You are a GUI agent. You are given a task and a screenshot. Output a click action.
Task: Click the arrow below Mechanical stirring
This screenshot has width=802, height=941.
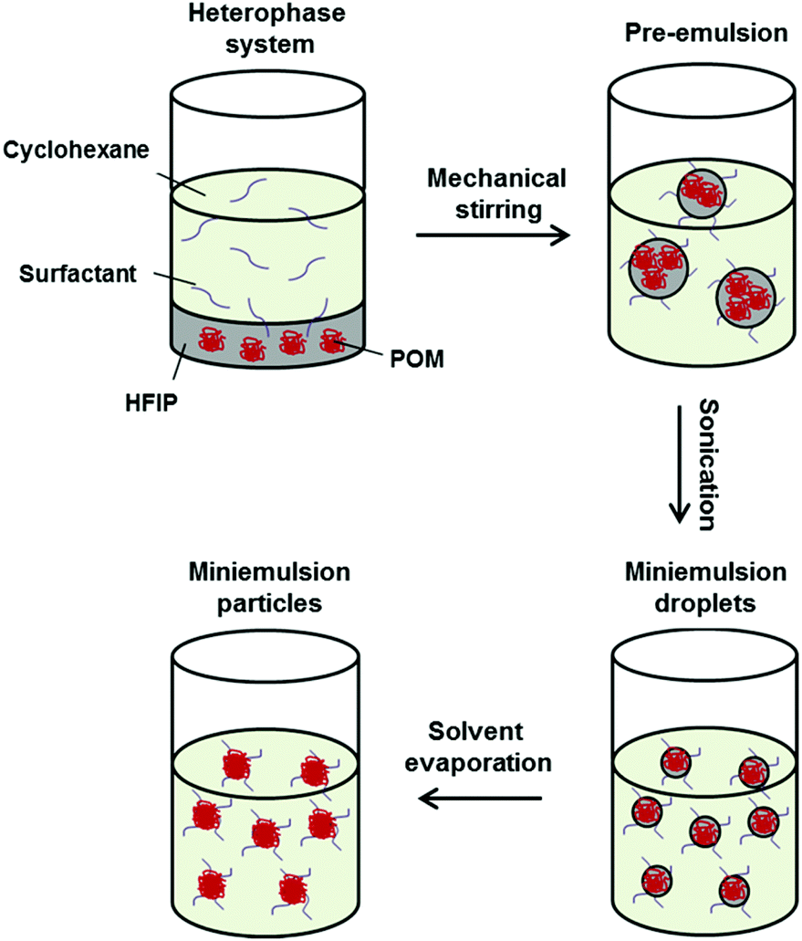point(492,235)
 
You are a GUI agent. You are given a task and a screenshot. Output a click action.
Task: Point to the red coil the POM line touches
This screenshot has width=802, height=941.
point(329,345)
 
